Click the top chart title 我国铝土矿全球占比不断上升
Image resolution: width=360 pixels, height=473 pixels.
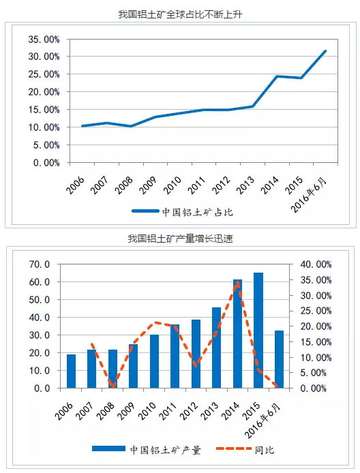point(180,14)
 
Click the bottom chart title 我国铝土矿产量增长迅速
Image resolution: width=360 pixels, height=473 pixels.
point(181,238)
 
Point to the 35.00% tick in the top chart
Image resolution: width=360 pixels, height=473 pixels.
point(43,40)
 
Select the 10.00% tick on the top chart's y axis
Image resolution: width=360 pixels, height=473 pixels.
point(43,127)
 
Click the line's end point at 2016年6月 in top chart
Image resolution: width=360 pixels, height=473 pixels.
point(325,51)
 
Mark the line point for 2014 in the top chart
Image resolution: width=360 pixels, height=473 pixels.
point(277,76)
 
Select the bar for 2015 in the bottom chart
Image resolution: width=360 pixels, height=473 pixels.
point(258,331)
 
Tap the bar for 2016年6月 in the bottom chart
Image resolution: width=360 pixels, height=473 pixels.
point(279,359)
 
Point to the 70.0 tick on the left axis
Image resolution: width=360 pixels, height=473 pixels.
point(38,264)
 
